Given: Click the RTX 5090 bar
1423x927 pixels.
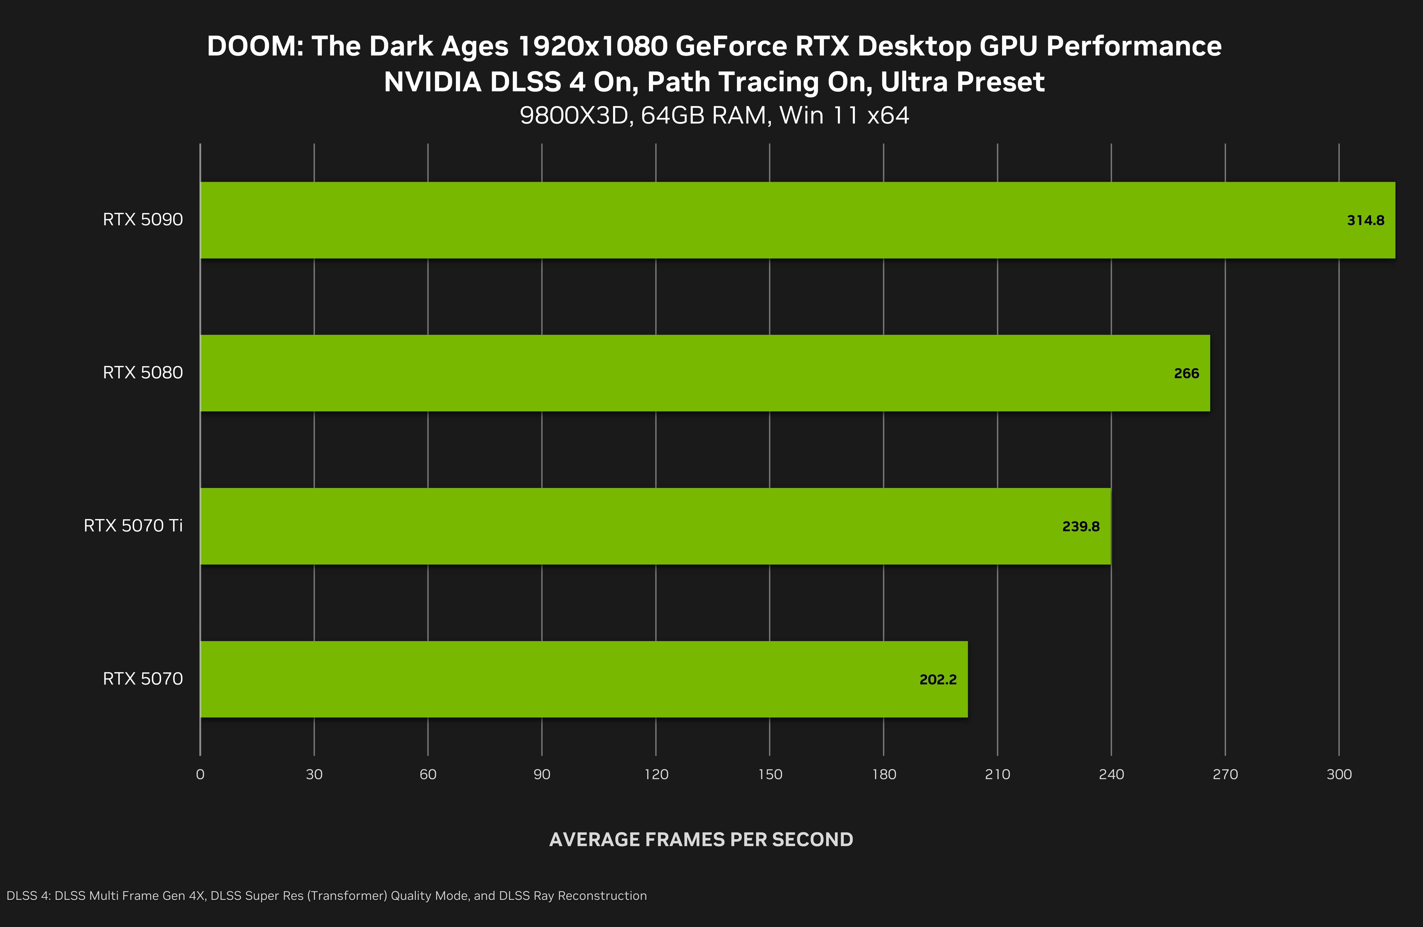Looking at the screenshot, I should pyautogui.click(x=798, y=220).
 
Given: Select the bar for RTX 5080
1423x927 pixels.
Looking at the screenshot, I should pyautogui.click(x=705, y=373).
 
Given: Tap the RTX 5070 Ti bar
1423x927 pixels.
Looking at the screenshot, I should pyautogui.click(x=655, y=526).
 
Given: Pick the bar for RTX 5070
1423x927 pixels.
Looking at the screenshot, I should pyautogui.click(x=584, y=679).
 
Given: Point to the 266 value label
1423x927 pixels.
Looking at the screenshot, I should pyautogui.click(x=1186, y=374).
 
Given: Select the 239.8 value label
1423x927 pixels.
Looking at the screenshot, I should pyautogui.click(x=1080, y=527).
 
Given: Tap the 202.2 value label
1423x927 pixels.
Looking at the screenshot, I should pyautogui.click(x=938, y=680).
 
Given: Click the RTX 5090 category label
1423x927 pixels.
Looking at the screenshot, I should pyautogui.click(x=143, y=220).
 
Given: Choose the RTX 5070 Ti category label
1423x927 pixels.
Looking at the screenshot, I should pyautogui.click(x=133, y=526).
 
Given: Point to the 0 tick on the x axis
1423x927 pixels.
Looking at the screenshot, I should pyautogui.click(x=200, y=775).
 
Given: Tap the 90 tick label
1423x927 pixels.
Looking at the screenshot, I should pyautogui.click(x=542, y=775).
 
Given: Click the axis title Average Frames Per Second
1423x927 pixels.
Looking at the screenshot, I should pyautogui.click(x=701, y=840).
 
